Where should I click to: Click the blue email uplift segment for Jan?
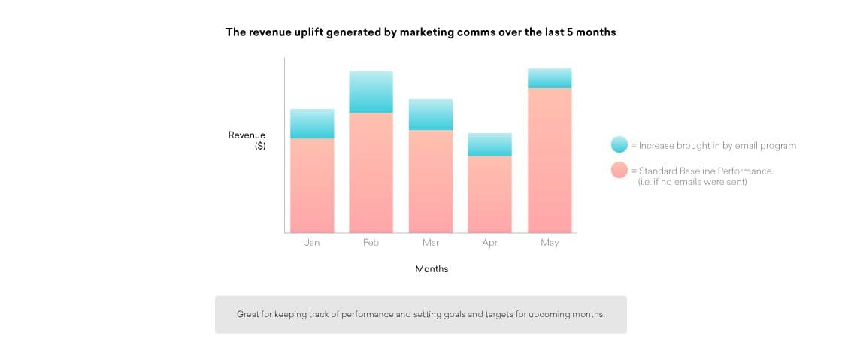coord(312,124)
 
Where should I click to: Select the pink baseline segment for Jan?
coord(312,186)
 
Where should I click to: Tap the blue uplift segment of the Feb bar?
coord(371,92)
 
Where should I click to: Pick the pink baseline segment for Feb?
coord(371,173)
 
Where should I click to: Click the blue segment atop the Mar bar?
coord(431,114)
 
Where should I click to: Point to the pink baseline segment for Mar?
coord(431,181)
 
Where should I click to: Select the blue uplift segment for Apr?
coord(489,144)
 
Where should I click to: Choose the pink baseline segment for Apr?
coord(489,195)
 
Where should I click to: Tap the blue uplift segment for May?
coord(550,78)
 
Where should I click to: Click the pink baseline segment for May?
coord(550,160)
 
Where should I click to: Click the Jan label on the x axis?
coord(312,243)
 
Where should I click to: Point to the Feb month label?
coord(371,243)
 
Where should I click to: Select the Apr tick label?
coord(489,243)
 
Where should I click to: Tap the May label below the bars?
coord(550,243)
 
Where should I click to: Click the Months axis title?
coord(432,268)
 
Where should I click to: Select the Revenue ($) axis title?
coord(247,141)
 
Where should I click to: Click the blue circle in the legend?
coord(619,144)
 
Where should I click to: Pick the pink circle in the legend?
coord(619,170)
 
